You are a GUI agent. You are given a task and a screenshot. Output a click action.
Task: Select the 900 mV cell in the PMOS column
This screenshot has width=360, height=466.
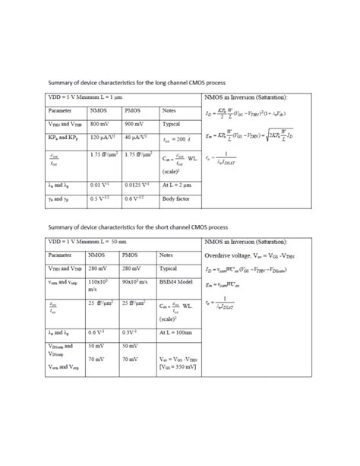tap(133, 123)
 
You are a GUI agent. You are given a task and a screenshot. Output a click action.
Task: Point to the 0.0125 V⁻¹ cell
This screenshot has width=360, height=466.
tap(137, 184)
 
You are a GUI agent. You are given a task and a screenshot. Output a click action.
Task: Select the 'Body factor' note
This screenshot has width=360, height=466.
tap(176, 198)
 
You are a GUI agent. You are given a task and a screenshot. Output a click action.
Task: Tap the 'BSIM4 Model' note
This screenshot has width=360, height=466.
tap(177, 281)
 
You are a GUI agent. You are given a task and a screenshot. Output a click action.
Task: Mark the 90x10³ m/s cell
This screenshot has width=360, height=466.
tap(137, 281)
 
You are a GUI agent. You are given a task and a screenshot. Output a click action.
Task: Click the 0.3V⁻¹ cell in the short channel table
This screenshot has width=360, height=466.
tap(131, 332)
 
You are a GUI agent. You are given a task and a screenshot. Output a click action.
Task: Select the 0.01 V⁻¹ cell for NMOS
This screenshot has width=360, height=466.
tap(99, 184)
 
